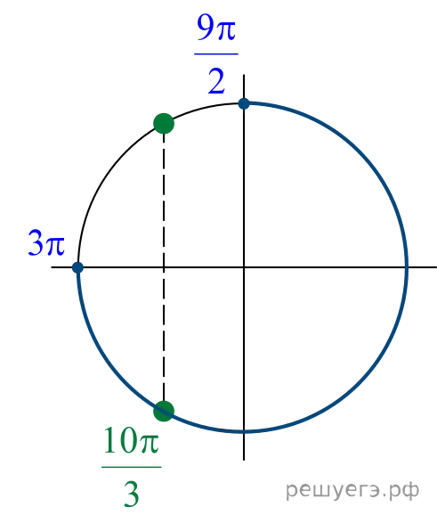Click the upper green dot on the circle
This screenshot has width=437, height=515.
tap(164, 124)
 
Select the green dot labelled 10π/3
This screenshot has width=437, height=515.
tap(164, 411)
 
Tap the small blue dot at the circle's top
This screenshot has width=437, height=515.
tap(244, 103)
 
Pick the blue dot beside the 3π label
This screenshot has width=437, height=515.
tap(77, 267)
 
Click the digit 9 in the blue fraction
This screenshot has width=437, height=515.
tap(206, 28)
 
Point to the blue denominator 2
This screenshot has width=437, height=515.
tap(216, 81)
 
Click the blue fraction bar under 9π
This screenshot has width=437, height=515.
tap(216, 53)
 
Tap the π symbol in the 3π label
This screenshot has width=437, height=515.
tap(55, 246)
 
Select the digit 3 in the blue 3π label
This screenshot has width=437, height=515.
tap(36, 242)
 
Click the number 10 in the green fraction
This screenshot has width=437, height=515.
tap(119, 440)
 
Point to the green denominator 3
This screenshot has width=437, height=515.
tap(132, 494)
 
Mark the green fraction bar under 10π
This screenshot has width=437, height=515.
tap(132, 467)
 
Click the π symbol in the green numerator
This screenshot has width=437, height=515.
tap(149, 444)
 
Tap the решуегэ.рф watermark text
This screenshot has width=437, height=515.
tap(352, 490)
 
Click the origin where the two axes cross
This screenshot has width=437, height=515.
tap(244, 267)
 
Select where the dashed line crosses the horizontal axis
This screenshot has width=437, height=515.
tap(164, 267)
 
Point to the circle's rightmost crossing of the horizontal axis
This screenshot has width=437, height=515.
tap(407, 267)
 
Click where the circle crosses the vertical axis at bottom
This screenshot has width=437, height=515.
tap(244, 431)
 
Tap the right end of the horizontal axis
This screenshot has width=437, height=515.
tap(436, 267)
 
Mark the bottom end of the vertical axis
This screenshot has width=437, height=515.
tap(244, 460)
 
